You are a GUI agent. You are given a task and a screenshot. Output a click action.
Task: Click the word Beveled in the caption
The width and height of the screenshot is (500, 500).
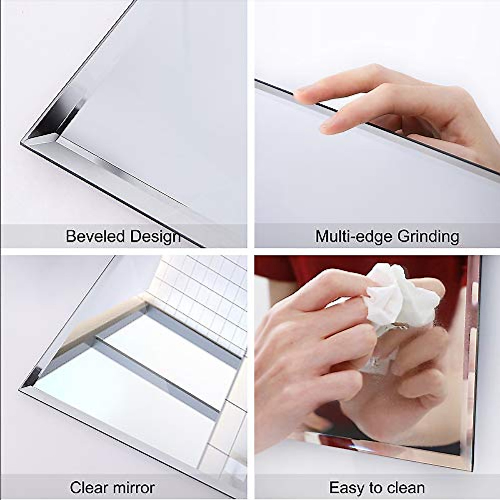[x=95, y=237]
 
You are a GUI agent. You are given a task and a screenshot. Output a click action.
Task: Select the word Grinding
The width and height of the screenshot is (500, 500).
[x=428, y=237]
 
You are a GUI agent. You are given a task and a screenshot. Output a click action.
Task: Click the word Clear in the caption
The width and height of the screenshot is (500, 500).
[x=86, y=487]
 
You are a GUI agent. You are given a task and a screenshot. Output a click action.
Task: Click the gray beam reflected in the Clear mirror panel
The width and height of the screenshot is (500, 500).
[x=158, y=375]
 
